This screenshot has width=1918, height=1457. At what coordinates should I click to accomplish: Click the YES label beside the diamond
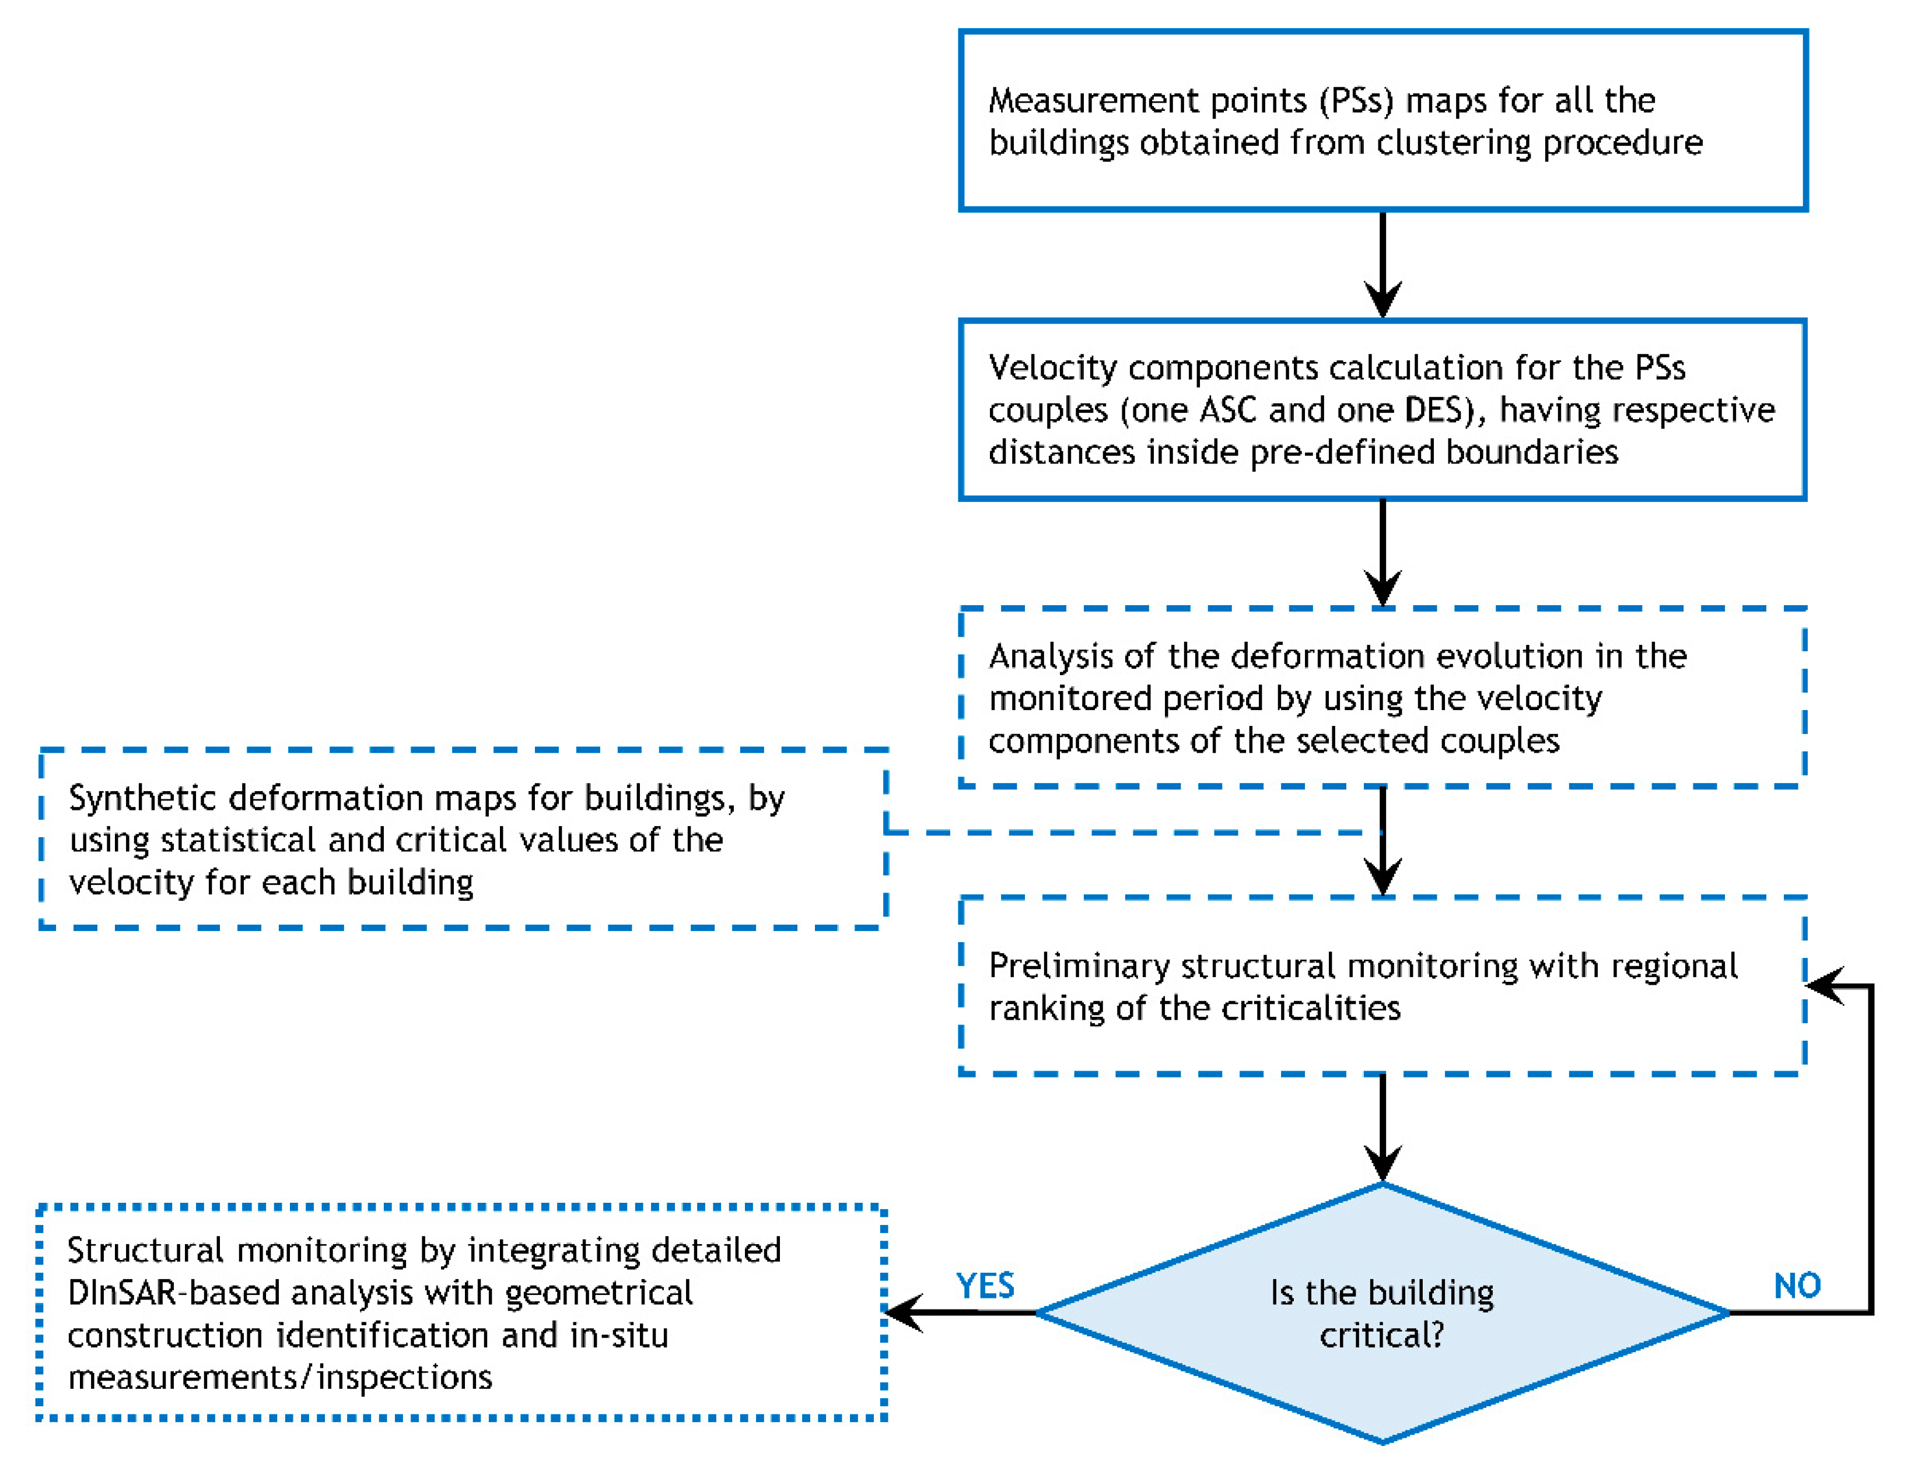(985, 1285)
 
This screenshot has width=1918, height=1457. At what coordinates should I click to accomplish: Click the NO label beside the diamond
(1797, 1285)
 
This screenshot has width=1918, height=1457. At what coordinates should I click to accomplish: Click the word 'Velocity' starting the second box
(1053, 368)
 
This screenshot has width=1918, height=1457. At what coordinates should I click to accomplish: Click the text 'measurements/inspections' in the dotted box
(280, 1377)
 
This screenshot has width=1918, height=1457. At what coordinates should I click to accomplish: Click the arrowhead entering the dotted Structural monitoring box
(902, 1312)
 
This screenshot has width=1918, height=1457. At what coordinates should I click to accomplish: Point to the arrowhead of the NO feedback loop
(1824, 985)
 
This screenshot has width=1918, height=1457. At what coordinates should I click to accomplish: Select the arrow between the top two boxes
(1382, 265)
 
